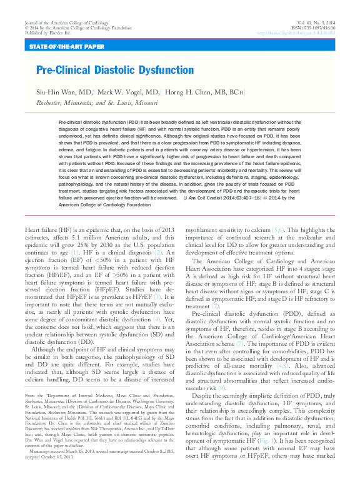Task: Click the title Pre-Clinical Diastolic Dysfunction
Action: click(115, 70)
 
